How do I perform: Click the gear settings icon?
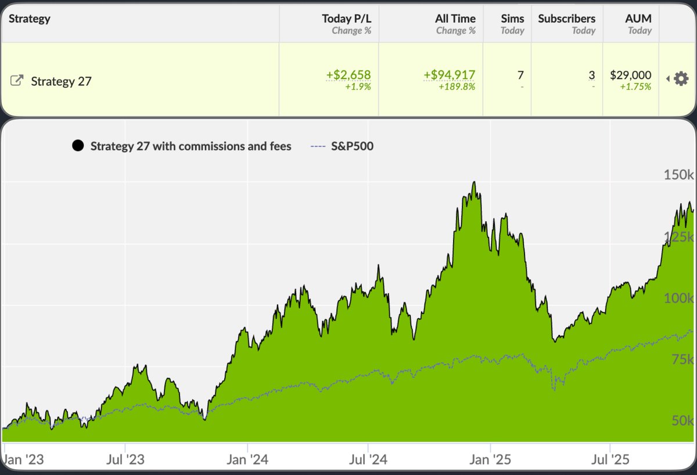tap(681, 78)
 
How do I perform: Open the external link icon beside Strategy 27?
tap(17, 81)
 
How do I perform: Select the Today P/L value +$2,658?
tap(348, 75)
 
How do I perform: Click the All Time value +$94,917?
tap(449, 75)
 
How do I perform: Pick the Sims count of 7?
tap(520, 75)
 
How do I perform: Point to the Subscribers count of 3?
tap(591, 75)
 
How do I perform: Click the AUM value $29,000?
tap(630, 75)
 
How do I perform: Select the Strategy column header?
tap(30, 19)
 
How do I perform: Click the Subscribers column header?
tap(566, 19)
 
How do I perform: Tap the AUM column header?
tap(638, 19)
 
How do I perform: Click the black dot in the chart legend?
tap(78, 146)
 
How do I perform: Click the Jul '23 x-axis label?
tap(125, 460)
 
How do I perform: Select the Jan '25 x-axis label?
tap(491, 460)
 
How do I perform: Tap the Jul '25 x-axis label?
tap(610, 460)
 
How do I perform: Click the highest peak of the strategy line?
tap(475, 182)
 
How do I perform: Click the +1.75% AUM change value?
tap(635, 87)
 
